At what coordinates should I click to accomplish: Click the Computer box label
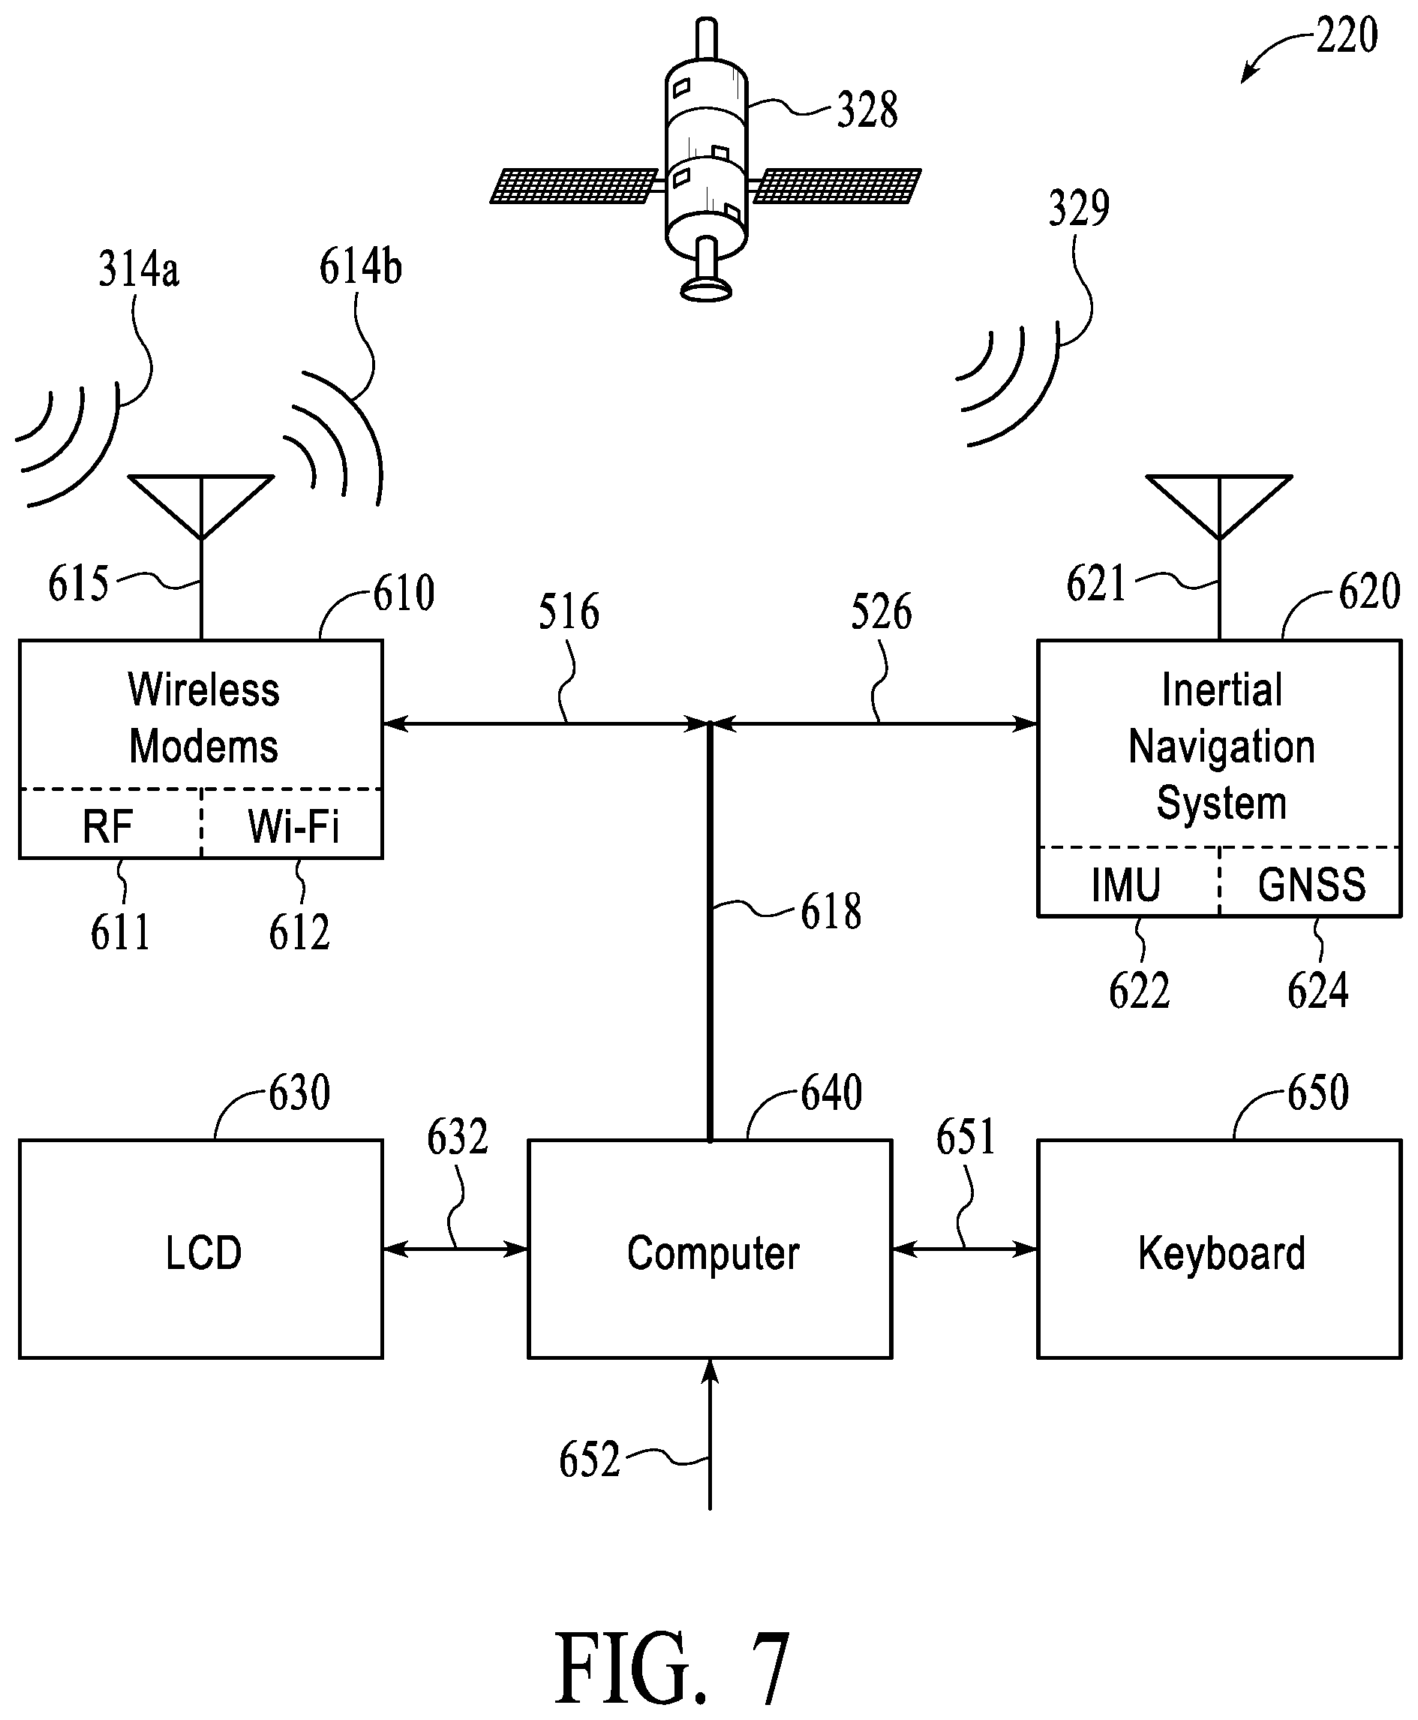713,1253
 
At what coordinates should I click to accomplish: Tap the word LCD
203,1252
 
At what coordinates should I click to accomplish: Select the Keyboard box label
1221,1253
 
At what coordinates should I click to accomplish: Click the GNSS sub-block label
1311,884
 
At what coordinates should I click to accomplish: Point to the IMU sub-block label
1125,884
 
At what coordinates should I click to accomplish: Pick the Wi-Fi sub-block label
293,826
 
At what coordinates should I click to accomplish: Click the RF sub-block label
107,826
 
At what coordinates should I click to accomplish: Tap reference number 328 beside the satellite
867,110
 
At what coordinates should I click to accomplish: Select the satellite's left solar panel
574,185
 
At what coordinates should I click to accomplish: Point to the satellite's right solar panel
837,185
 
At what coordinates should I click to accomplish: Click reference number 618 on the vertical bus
831,912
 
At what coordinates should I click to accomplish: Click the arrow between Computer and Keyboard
965,1249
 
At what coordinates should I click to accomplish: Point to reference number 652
589,1460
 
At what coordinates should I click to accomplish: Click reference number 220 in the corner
1347,36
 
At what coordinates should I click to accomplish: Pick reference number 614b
360,266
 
